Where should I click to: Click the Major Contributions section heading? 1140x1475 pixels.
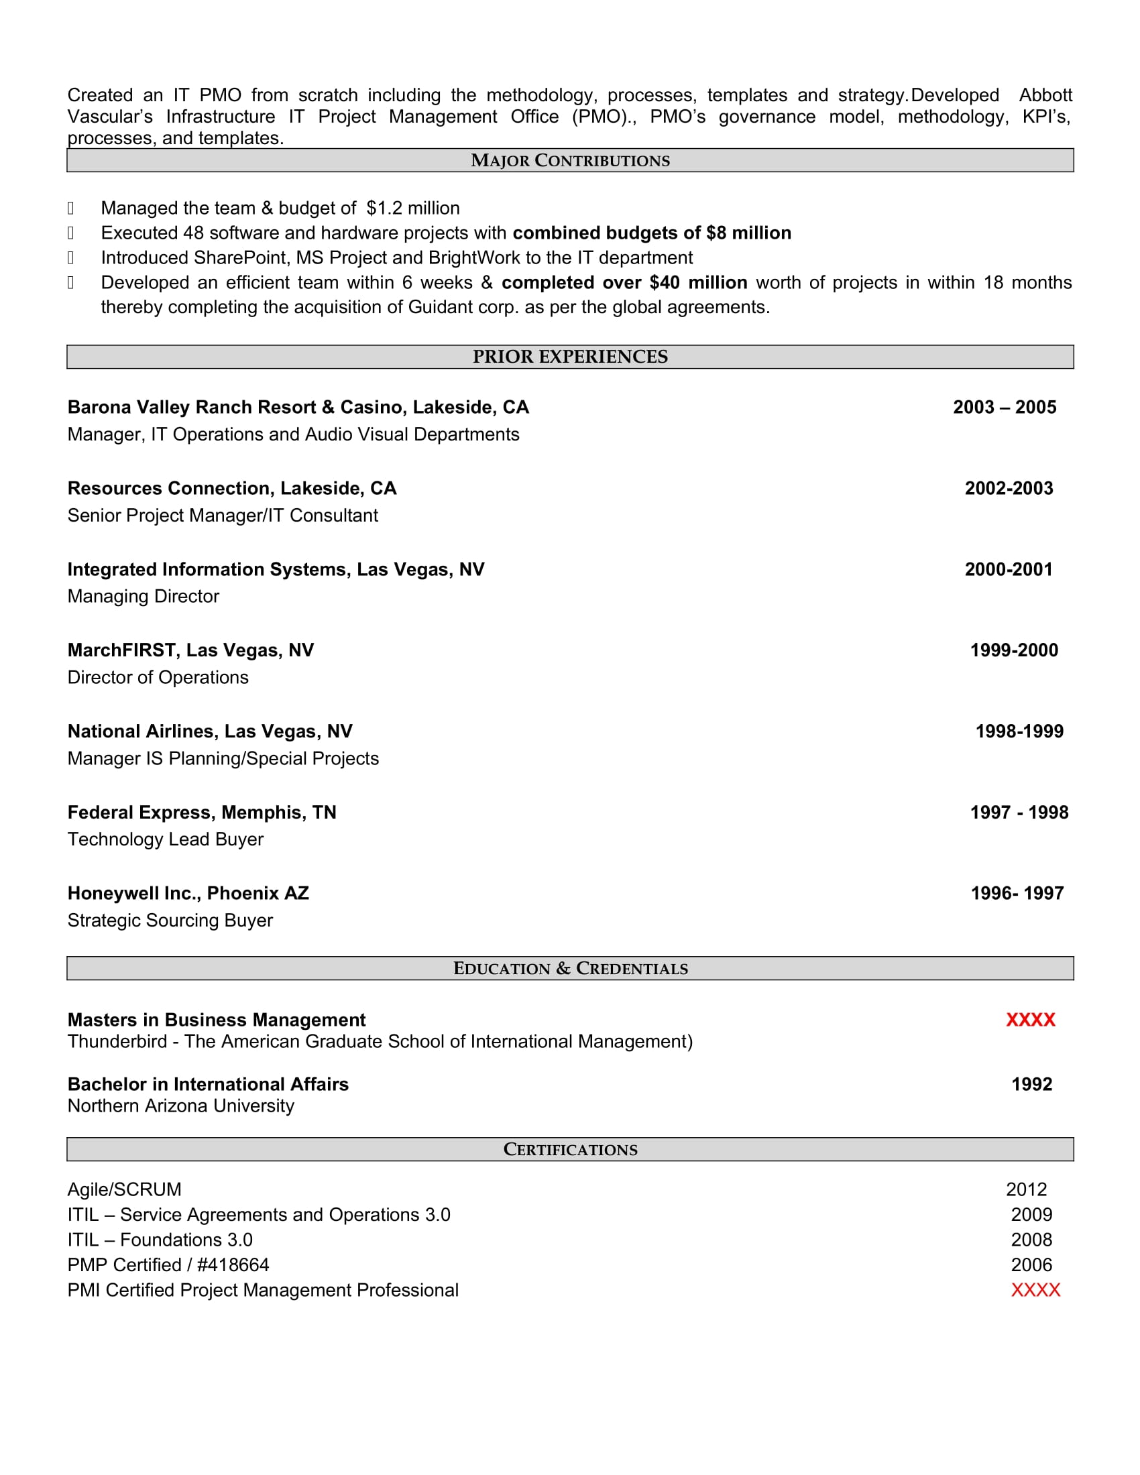point(570,161)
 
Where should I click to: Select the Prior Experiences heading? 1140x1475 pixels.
point(570,357)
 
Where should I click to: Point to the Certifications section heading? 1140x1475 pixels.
point(570,1148)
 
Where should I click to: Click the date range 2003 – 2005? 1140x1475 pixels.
point(1005,407)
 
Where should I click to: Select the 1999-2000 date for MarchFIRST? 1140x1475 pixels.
point(1014,650)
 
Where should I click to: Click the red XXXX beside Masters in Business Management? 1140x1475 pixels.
point(1030,1020)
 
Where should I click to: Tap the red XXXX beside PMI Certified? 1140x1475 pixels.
point(1035,1290)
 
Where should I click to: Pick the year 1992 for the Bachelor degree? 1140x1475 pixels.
point(1031,1084)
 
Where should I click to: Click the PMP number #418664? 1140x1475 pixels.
point(233,1265)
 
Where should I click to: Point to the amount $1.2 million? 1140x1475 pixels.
point(413,208)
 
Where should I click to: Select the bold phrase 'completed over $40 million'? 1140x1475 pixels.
point(624,282)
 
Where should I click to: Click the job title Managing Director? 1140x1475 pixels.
point(144,596)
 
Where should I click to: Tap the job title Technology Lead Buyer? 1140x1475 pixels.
point(166,839)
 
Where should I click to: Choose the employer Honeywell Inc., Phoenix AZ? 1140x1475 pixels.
point(188,894)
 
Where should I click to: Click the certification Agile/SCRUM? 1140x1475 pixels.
point(124,1189)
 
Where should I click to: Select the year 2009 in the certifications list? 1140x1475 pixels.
point(1031,1214)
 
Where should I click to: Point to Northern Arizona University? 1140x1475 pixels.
point(181,1106)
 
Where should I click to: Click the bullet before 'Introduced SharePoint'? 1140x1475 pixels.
point(71,258)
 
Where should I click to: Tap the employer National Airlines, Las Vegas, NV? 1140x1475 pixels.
point(210,731)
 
